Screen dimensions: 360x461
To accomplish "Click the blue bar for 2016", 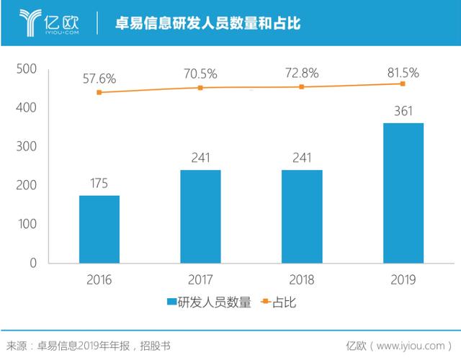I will pos(99,229).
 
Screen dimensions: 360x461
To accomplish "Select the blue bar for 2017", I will pos(200,216).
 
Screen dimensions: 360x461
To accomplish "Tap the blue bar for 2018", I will pos(302,216).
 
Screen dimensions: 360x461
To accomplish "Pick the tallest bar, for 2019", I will pos(403,193).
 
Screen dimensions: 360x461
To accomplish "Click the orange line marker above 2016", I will pos(99,92).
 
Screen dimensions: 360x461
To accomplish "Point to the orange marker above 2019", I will pos(403,84).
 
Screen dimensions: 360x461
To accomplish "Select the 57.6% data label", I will pos(99,77).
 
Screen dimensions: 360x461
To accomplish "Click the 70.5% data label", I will pos(200,73).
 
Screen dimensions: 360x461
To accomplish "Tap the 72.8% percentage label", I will pos(302,73).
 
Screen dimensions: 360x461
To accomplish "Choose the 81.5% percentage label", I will pos(403,72).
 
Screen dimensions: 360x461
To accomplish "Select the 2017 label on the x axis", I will pos(200,279).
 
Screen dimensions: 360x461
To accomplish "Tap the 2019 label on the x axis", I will pos(403,279).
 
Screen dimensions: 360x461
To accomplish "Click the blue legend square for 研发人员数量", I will pos(171,303).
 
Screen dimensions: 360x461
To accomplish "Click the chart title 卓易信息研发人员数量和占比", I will pos(208,23).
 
